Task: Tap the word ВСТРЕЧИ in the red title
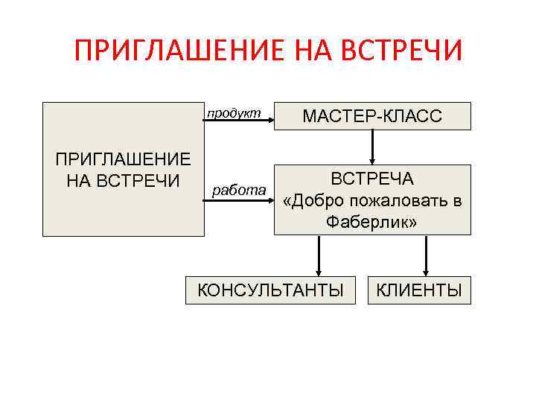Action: click(403, 51)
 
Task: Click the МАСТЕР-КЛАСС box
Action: click(372, 116)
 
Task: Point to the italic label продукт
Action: click(234, 112)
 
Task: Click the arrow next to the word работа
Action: click(239, 200)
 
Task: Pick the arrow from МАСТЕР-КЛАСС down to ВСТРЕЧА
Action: click(372, 147)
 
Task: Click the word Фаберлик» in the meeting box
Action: click(372, 222)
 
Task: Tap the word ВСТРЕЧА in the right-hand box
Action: click(372, 179)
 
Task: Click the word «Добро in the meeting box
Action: click(311, 201)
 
